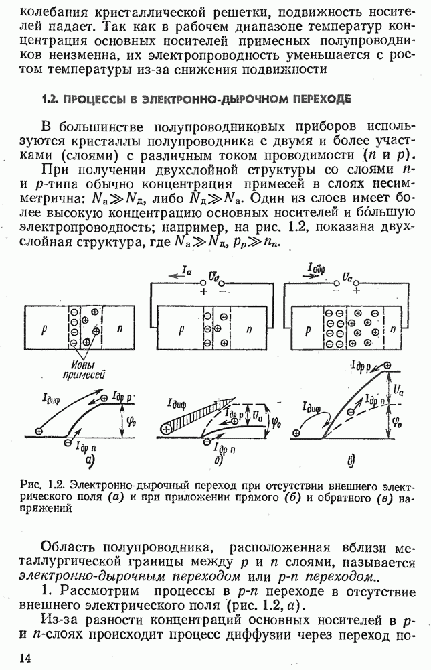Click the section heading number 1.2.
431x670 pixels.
coord(50,99)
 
